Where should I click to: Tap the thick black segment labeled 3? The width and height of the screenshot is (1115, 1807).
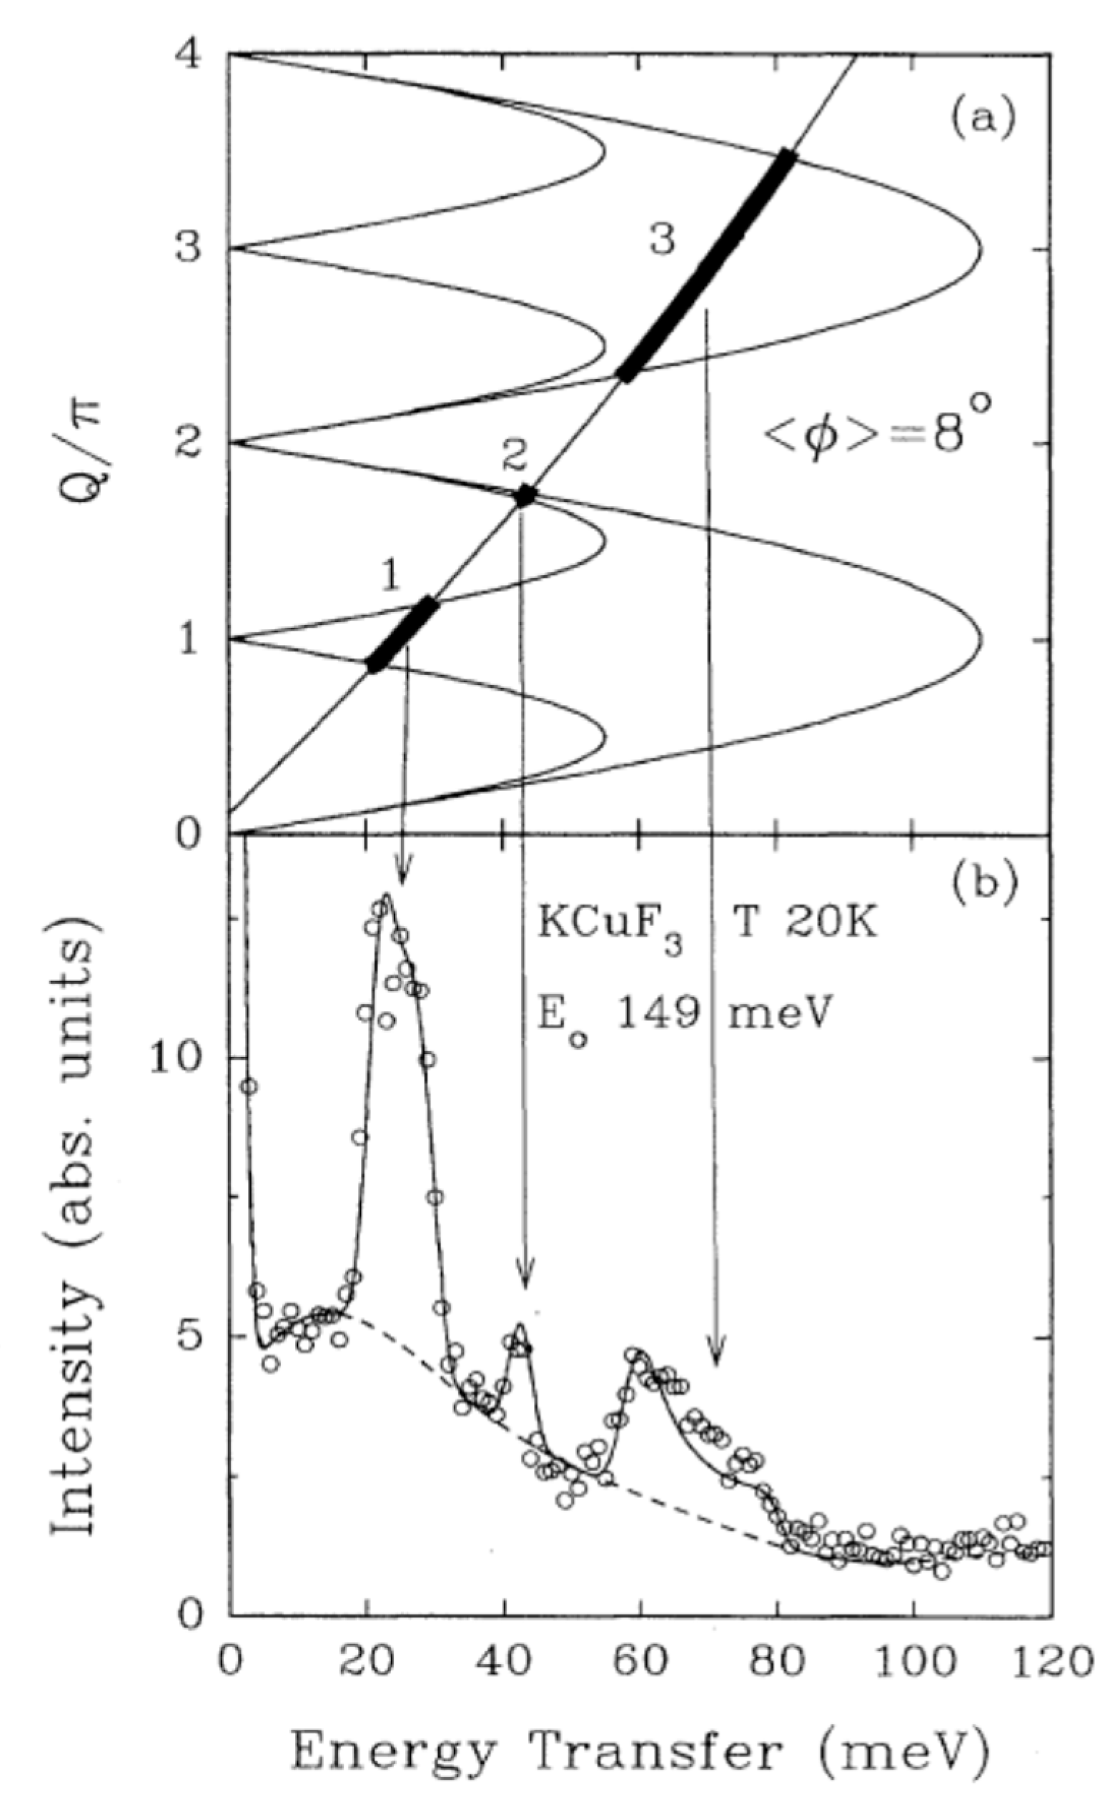[708, 265]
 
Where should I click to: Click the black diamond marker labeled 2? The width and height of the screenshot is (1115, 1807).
[525, 495]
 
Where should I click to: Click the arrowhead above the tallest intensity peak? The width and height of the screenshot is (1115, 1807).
[402, 873]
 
